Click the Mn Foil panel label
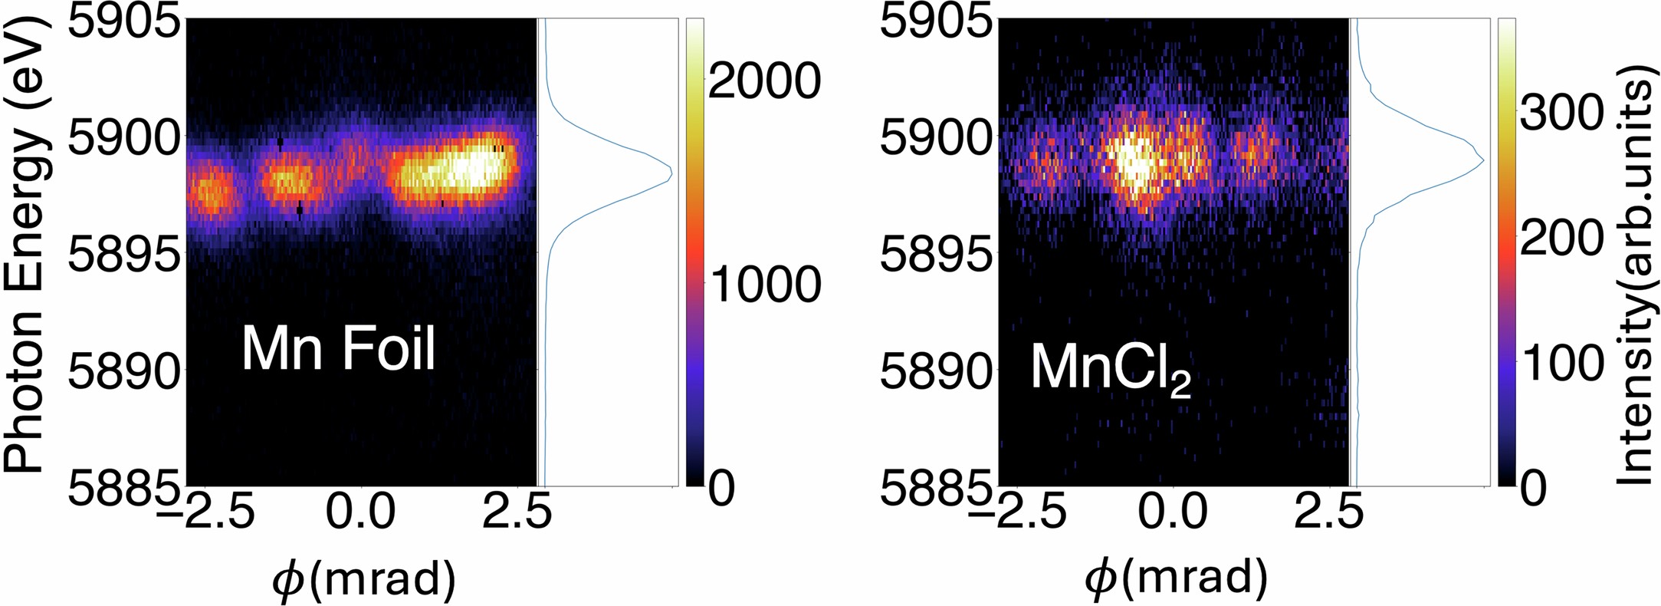point(338,350)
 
